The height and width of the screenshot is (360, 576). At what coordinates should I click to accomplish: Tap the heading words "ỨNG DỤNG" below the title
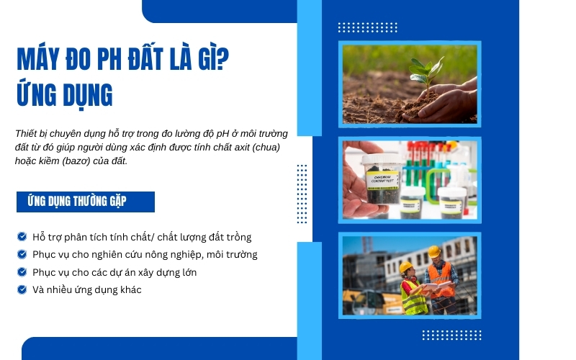64,94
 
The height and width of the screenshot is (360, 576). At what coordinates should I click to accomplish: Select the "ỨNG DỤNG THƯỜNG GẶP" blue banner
86,202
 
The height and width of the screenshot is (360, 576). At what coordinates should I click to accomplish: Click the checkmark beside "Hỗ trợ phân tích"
22,236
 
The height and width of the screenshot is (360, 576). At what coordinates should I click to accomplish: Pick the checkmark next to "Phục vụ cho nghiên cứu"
22,254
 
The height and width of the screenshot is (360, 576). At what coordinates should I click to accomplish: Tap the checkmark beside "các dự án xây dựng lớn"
22,272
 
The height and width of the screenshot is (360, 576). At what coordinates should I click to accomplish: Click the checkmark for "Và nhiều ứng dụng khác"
22,289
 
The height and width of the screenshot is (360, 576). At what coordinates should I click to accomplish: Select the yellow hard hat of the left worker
406,268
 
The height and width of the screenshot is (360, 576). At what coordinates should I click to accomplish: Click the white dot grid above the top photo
367,27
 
